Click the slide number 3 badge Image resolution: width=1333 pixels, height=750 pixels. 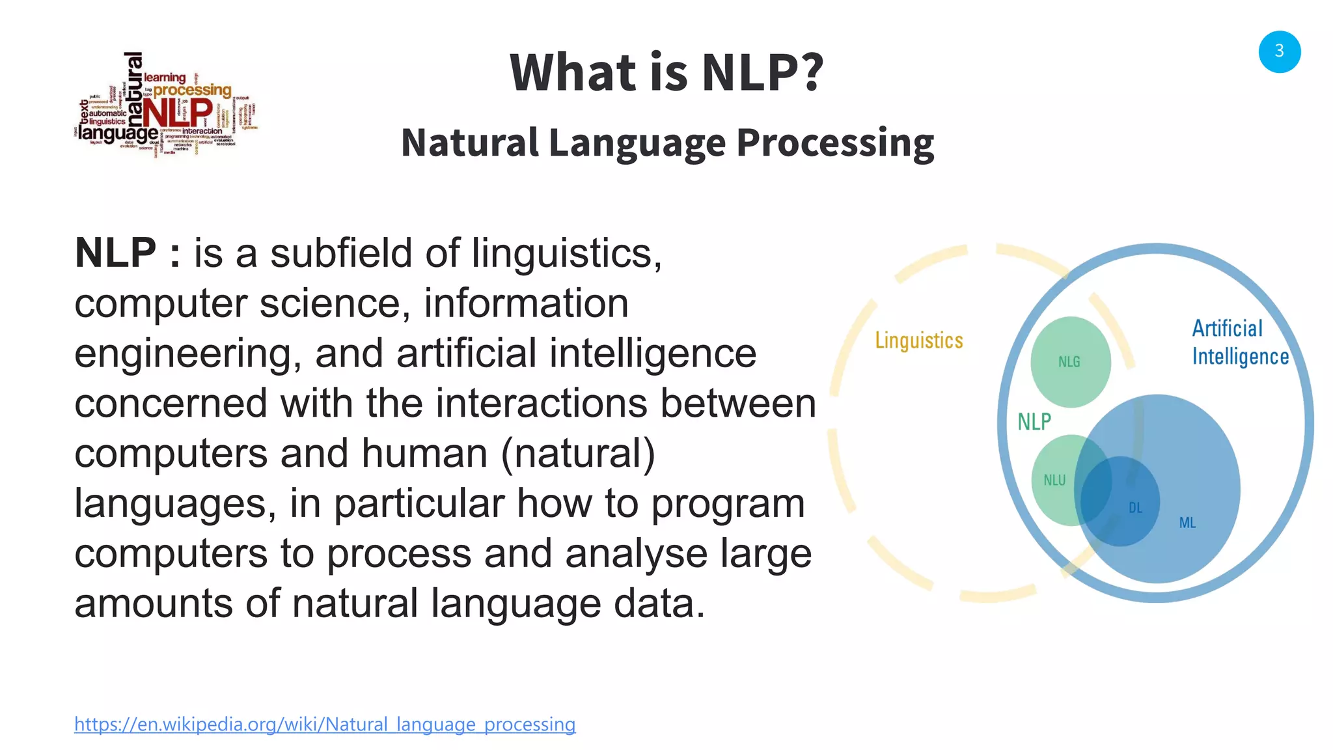click(1279, 51)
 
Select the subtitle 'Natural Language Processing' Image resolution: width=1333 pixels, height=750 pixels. click(667, 143)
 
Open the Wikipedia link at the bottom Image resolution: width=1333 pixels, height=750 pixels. click(325, 724)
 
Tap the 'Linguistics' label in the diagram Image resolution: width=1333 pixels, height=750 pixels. click(918, 340)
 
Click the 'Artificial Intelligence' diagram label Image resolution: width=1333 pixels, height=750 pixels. click(1239, 342)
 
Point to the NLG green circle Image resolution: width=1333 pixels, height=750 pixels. click(1069, 361)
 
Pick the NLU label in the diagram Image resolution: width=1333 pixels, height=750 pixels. click(1054, 480)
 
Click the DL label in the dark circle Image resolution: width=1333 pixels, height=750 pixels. click(1135, 508)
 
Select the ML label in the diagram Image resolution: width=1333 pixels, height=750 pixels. click(1187, 523)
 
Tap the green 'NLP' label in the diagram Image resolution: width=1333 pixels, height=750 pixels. click(1034, 422)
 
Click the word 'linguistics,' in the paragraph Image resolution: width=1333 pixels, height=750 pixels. click(566, 253)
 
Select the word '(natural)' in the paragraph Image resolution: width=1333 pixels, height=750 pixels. click(578, 453)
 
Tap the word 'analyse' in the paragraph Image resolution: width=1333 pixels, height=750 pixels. click(636, 553)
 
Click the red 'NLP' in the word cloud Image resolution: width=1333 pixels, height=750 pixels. click(177, 112)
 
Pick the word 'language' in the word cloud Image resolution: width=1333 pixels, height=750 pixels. click(118, 133)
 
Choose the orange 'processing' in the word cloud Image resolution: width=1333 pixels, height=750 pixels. click(192, 90)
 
